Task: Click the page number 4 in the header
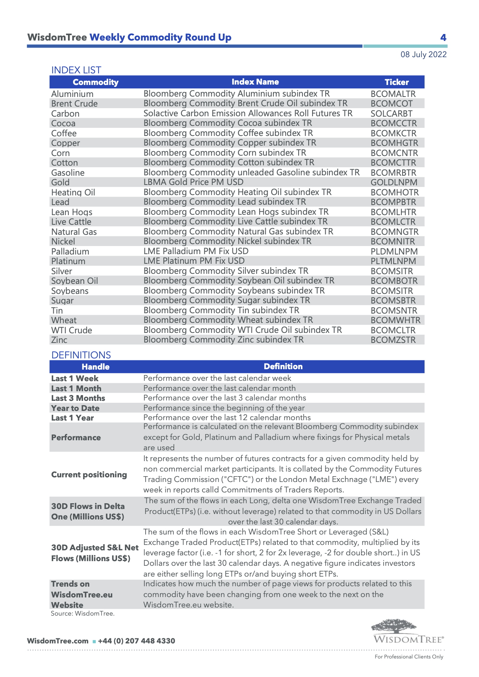click(x=443, y=38)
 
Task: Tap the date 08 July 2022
click(x=423, y=54)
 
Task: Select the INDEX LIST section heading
click(x=76, y=70)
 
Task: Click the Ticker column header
click(x=396, y=82)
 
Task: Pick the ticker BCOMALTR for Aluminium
click(x=393, y=94)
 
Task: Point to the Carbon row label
click(x=65, y=114)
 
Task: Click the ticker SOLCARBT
click(x=391, y=114)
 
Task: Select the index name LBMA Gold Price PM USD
click(x=193, y=182)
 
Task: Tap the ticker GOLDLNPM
click(x=394, y=182)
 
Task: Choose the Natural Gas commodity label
click(x=74, y=232)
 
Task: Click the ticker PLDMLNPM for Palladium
click(x=394, y=251)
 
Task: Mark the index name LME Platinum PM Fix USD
click(x=194, y=261)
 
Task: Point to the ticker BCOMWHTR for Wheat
click(x=396, y=320)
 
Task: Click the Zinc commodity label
click(x=59, y=340)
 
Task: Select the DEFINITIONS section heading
click(x=81, y=355)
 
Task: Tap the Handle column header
click(x=95, y=367)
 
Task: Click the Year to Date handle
click(x=75, y=408)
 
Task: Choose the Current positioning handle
click(x=89, y=475)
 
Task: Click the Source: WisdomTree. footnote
click(x=83, y=613)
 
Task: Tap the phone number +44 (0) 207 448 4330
click(x=136, y=641)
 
